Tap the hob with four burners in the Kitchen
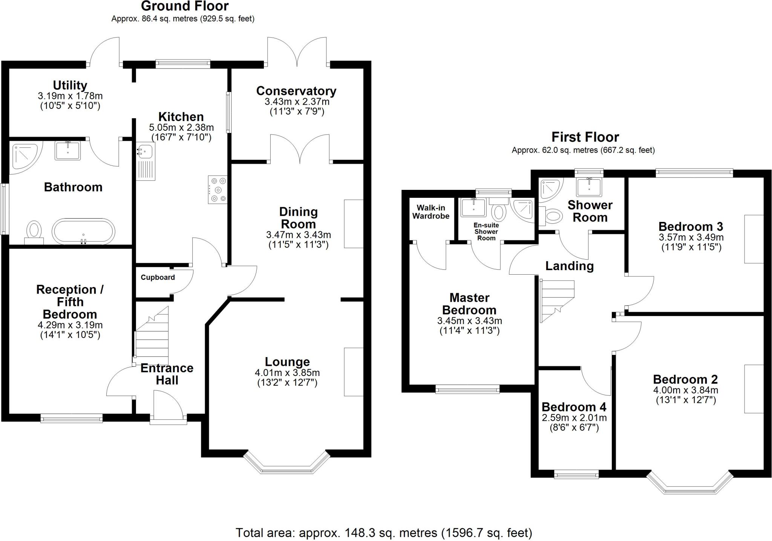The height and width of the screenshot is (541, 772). click(x=218, y=190)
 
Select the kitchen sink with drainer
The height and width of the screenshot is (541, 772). click(x=146, y=161)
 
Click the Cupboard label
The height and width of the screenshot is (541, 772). click(x=158, y=277)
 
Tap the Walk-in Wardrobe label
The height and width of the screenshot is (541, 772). click(x=431, y=212)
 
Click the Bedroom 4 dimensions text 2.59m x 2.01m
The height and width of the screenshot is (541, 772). click(x=574, y=417)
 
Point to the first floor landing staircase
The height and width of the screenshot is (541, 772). click(x=556, y=300)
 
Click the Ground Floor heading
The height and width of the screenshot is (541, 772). click(x=185, y=6)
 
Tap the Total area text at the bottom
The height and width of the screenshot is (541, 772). click(x=384, y=533)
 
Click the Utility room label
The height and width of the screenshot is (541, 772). click(x=70, y=85)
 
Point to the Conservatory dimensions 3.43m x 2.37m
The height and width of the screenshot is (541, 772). click(x=297, y=102)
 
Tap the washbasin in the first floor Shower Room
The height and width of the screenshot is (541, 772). click(x=589, y=186)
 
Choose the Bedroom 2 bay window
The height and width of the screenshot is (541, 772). click(x=690, y=486)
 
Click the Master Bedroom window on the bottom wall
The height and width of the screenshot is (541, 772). click(x=467, y=389)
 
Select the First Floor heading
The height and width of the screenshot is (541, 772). click(x=585, y=137)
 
